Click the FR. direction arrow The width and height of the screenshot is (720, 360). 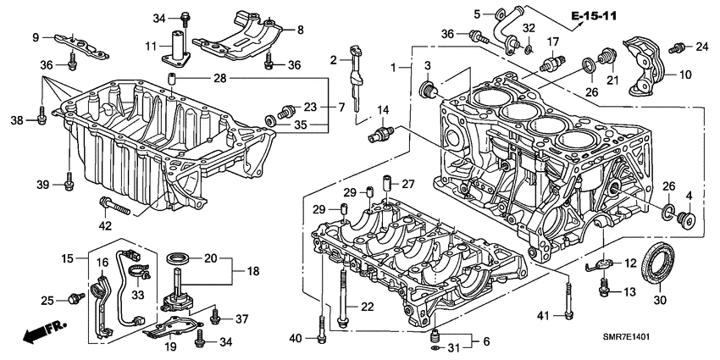[x=38, y=333]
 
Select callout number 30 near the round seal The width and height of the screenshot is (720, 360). [x=662, y=298]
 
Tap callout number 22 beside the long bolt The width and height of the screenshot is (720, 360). [x=366, y=306]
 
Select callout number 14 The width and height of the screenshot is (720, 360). [x=383, y=110]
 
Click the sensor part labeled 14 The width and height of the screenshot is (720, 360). [x=381, y=134]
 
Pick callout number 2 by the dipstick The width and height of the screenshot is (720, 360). [x=334, y=59]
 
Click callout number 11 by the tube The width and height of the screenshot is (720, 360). [x=153, y=45]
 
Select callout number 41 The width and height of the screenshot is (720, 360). [x=545, y=315]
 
